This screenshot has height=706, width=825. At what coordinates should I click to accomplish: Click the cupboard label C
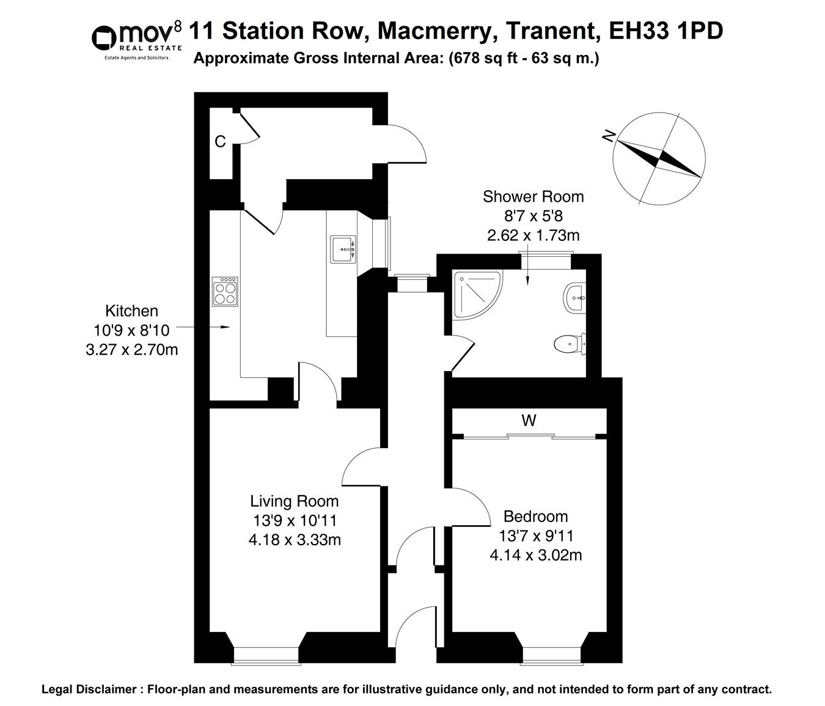(x=220, y=142)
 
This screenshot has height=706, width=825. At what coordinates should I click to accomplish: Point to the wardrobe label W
(x=529, y=421)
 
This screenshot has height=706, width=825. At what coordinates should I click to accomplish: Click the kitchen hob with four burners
(x=225, y=292)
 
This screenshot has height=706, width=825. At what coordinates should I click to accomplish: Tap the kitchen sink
(x=343, y=249)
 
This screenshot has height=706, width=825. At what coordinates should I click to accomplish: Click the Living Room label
(x=294, y=502)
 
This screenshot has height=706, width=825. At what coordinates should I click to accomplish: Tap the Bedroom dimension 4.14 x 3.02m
(x=535, y=556)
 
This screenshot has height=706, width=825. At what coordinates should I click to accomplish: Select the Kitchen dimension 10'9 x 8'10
(x=131, y=331)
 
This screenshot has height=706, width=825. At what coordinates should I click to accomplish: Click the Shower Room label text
(x=533, y=197)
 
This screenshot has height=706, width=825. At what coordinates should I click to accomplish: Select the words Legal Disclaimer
(x=89, y=689)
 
